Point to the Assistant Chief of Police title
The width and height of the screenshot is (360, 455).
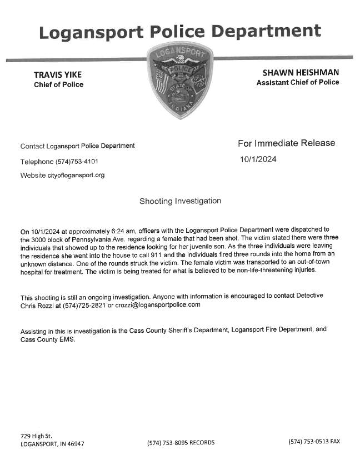pos(297,82)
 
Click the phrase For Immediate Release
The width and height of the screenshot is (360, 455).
pos(286,143)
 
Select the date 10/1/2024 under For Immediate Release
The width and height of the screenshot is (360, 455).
pos(258,159)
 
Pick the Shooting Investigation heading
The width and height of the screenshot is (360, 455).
pos(180,201)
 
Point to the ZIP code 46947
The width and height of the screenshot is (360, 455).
pos(75,443)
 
